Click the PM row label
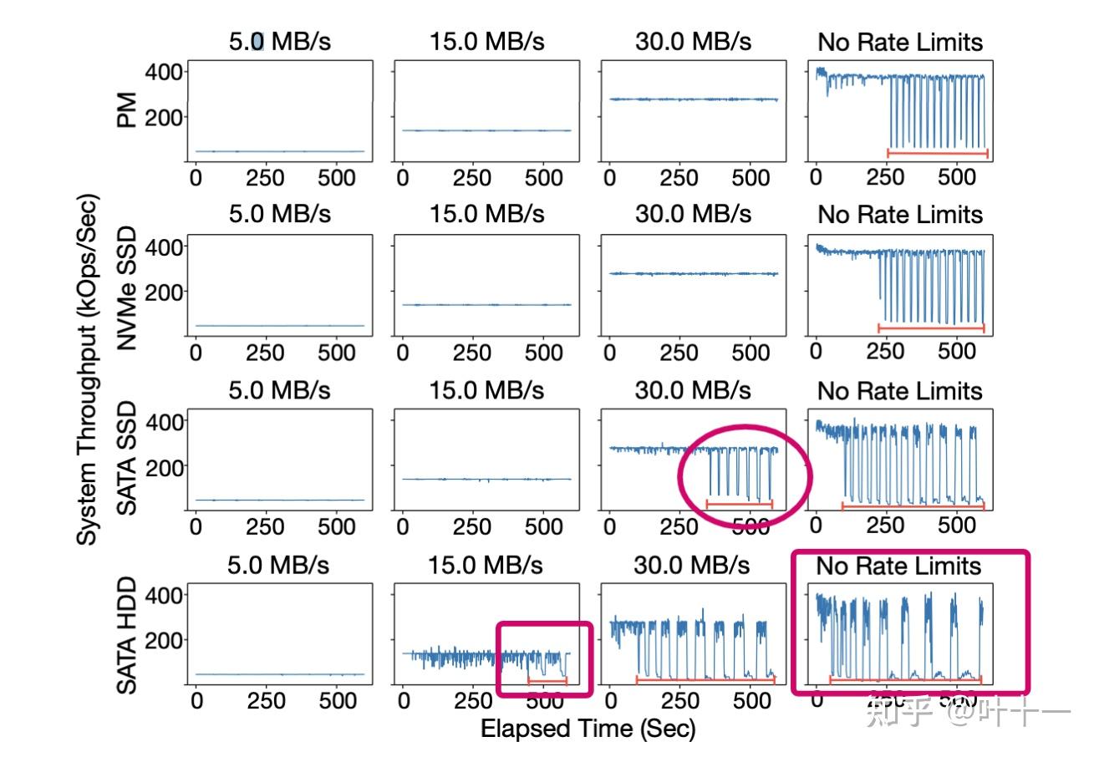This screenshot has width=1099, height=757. coord(127,110)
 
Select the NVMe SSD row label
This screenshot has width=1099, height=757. coord(127,288)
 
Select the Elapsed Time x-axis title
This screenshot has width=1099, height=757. coord(588,729)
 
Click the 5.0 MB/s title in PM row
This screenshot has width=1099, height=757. coord(280,42)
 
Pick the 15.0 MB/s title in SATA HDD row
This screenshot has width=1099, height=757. coord(486,566)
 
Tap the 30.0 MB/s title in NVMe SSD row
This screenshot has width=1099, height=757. coord(693,214)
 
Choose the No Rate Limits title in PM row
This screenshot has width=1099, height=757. coord(899,42)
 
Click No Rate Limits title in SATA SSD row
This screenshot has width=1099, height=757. coord(899,390)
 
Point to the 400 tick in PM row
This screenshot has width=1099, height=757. coord(164,72)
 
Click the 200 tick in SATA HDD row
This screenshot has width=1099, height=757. coord(164,639)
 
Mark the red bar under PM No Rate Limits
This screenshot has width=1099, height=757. coord(937,153)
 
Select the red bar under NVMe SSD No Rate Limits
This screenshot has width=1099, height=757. coord(930,328)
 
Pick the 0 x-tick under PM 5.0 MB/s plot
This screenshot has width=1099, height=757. coord(196,177)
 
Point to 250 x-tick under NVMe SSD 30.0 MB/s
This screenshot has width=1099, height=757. coord(679,352)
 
